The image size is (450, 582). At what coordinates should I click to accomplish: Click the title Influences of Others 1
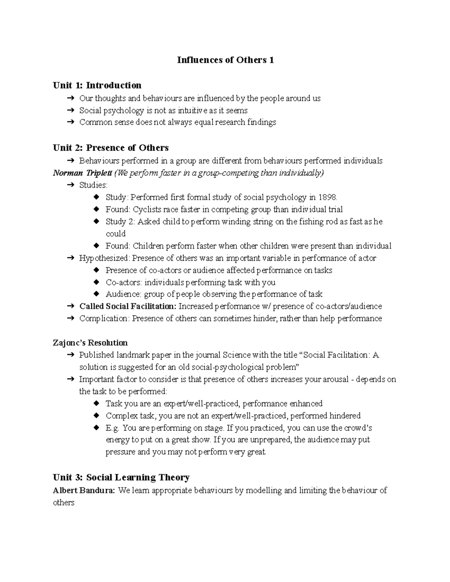point(225,60)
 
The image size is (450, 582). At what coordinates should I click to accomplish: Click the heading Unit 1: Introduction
point(97,85)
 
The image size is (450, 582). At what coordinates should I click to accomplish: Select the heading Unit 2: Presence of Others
point(111,148)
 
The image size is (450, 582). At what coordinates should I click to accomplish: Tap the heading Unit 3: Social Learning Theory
point(121,477)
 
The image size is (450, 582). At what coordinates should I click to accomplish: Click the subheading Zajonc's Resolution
point(90,343)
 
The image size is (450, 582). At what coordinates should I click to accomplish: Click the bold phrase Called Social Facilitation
point(127,306)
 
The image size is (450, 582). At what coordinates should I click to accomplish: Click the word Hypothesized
point(104,258)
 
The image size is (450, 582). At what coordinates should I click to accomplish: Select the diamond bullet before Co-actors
point(96,282)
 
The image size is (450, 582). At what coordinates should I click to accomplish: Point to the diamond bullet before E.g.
point(96,428)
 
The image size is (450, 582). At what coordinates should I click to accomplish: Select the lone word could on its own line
point(115,233)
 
